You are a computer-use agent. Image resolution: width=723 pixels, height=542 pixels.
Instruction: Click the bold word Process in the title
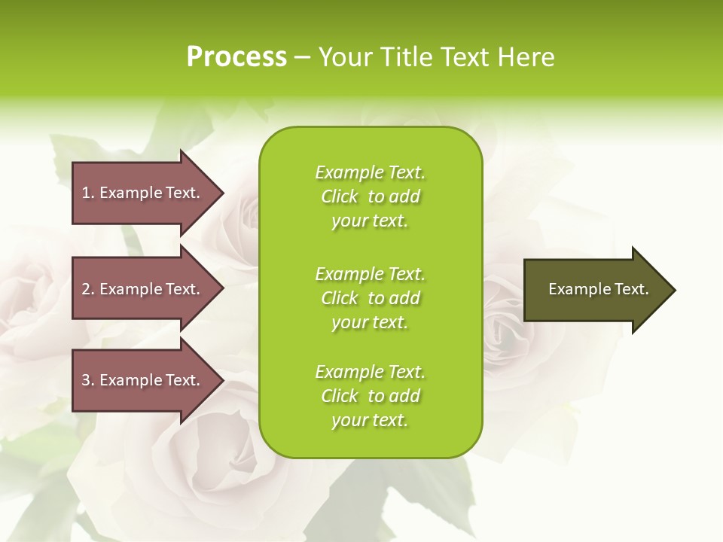pyautogui.click(x=236, y=57)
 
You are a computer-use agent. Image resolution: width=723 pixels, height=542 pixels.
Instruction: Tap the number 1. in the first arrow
pyautogui.click(x=88, y=193)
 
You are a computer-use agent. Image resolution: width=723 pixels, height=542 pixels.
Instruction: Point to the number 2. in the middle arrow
pyautogui.click(x=88, y=289)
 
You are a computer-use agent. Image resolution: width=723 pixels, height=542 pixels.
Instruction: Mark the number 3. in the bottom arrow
pyautogui.click(x=88, y=380)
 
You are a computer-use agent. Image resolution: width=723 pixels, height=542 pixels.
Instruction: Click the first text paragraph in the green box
pyautogui.click(x=370, y=196)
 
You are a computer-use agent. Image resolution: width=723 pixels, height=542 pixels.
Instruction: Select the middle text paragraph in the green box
pyautogui.click(x=370, y=298)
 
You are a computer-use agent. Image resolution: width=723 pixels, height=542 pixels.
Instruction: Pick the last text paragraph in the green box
pyautogui.click(x=370, y=396)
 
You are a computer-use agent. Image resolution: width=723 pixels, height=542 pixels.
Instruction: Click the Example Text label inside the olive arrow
pyautogui.click(x=598, y=289)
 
